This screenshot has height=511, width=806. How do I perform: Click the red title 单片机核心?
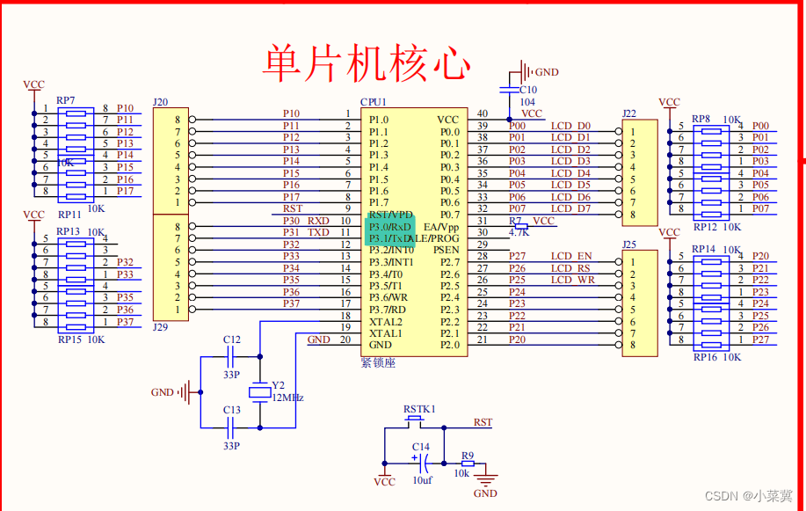tap(367, 63)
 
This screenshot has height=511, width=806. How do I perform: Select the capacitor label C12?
tap(231, 339)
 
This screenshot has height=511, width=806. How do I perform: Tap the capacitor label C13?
tap(231, 410)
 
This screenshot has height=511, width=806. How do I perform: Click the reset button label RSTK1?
tap(419, 409)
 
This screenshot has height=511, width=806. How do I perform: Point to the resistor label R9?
tap(468, 456)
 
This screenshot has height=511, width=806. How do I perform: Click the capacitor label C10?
tap(527, 90)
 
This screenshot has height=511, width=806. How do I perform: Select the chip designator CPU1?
tap(374, 103)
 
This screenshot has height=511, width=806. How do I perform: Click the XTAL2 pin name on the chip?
tap(385, 322)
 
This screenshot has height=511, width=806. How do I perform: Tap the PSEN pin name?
tap(446, 250)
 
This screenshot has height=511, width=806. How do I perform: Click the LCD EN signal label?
tap(572, 256)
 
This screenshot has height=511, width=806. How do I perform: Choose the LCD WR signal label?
tap(573, 281)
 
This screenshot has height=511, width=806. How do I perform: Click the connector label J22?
tap(629, 113)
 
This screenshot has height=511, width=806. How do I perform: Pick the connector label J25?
tap(629, 244)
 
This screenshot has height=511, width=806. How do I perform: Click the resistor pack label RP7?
tap(66, 100)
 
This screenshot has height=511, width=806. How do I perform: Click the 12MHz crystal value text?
tap(287, 398)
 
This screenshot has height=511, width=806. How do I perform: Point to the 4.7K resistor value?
tap(519, 232)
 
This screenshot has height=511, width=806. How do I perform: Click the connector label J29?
tap(160, 327)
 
